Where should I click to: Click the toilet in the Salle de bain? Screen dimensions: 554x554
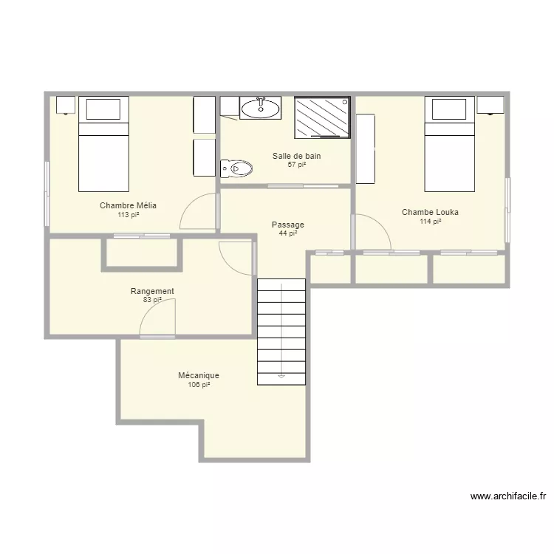pyautogui.click(x=236, y=168)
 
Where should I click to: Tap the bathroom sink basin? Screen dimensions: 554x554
pyautogui.click(x=261, y=108)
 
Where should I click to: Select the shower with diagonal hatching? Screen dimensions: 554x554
pyautogui.click(x=322, y=117)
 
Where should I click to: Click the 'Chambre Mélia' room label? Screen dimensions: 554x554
pyautogui.click(x=128, y=205)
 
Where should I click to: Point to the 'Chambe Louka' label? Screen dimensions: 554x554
pyautogui.click(x=430, y=212)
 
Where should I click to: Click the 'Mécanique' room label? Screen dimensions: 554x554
pyautogui.click(x=199, y=375)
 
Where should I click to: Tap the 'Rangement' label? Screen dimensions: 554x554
pyautogui.click(x=152, y=291)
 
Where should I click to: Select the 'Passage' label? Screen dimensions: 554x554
pyautogui.click(x=288, y=225)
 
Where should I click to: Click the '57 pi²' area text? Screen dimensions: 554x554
pyautogui.click(x=297, y=164)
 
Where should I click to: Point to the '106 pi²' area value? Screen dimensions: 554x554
pyautogui.click(x=199, y=385)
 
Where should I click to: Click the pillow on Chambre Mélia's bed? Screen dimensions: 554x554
pyautogui.click(x=103, y=109)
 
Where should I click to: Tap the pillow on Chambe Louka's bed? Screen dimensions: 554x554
pyautogui.click(x=449, y=109)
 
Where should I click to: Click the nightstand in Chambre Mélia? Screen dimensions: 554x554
pyautogui.click(x=66, y=105)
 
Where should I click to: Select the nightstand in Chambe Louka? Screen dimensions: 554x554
pyautogui.click(x=490, y=105)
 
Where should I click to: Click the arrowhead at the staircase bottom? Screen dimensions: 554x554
pyautogui.click(x=281, y=377)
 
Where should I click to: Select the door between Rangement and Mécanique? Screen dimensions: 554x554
pyautogui.click(x=157, y=318)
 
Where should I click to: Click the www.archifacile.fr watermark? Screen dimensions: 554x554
pyautogui.click(x=508, y=496)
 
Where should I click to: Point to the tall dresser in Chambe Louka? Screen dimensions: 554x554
pyautogui.click(x=366, y=148)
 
